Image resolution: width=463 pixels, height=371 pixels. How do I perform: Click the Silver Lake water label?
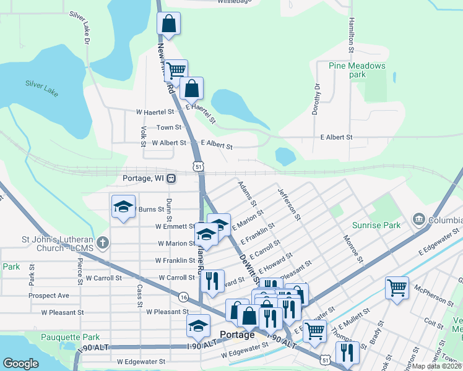pyautogui.click(x=41, y=88)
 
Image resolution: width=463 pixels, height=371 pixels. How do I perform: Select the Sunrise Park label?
pyautogui.click(x=376, y=226)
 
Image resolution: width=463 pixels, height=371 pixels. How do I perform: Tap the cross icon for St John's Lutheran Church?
pyautogui.click(x=103, y=242)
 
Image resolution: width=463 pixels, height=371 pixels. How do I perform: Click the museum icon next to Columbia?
pyautogui.click(x=418, y=220)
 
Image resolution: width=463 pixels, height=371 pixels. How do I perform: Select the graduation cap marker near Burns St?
pyautogui.click(x=123, y=207)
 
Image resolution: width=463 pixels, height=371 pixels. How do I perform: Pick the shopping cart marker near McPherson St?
pyautogui.click(x=397, y=287)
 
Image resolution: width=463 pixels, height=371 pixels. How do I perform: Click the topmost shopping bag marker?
pyautogui.click(x=168, y=25)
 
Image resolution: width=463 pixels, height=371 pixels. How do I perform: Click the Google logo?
pyautogui.click(x=20, y=364)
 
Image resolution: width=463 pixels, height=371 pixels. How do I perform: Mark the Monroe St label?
pyautogui.click(x=352, y=246)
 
